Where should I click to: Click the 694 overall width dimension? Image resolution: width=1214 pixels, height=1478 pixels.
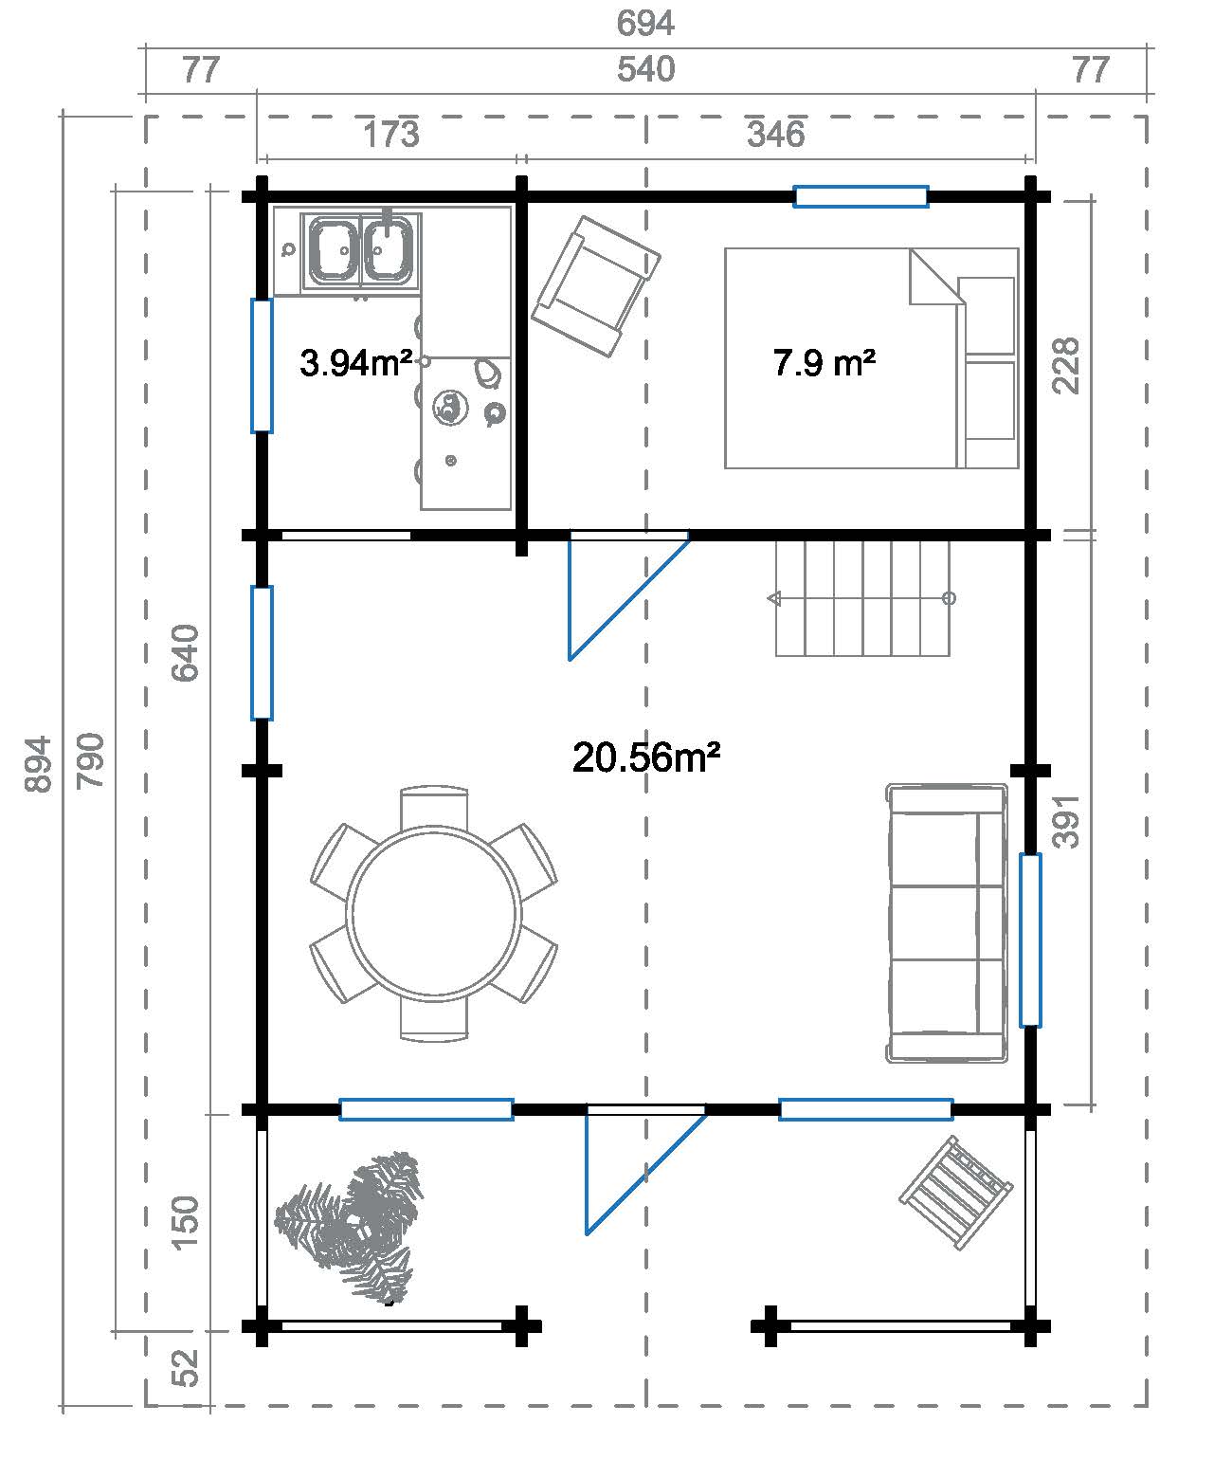(x=645, y=23)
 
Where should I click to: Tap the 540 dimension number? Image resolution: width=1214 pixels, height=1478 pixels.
(x=646, y=69)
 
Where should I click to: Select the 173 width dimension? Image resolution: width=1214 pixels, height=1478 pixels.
(x=390, y=134)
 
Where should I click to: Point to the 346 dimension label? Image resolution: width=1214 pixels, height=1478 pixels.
(x=775, y=134)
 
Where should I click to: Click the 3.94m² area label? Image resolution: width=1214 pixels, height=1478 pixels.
(x=355, y=363)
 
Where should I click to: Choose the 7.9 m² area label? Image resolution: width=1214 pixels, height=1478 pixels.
(x=824, y=363)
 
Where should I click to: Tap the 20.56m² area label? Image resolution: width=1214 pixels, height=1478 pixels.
(x=646, y=757)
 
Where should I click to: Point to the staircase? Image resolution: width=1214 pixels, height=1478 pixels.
(x=862, y=598)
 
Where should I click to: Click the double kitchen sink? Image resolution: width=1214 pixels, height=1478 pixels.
(x=361, y=251)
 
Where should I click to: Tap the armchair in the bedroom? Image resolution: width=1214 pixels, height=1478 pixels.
(x=595, y=286)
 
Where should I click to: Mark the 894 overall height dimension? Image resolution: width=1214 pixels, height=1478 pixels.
(x=38, y=764)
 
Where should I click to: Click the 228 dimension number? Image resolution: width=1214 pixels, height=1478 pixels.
(x=1065, y=366)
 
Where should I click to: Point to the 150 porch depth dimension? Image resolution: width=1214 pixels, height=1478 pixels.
(x=185, y=1222)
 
